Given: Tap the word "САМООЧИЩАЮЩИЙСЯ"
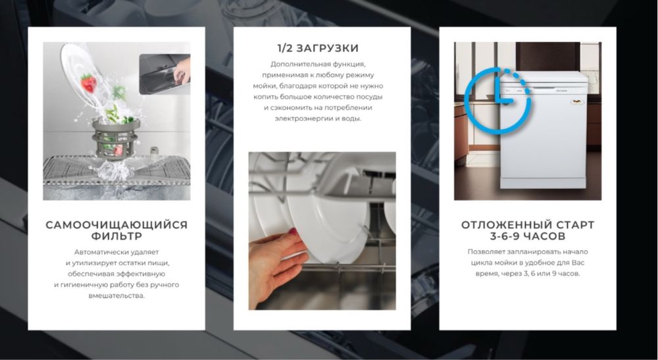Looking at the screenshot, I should point(116,225).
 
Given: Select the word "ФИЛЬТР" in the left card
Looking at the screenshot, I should point(116,236).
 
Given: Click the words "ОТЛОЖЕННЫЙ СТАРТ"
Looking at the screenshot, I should point(528,225).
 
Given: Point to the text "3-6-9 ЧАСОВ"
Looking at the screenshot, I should point(528,236).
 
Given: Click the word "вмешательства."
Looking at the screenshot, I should point(116,296).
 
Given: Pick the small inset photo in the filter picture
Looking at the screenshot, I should point(164,76).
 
